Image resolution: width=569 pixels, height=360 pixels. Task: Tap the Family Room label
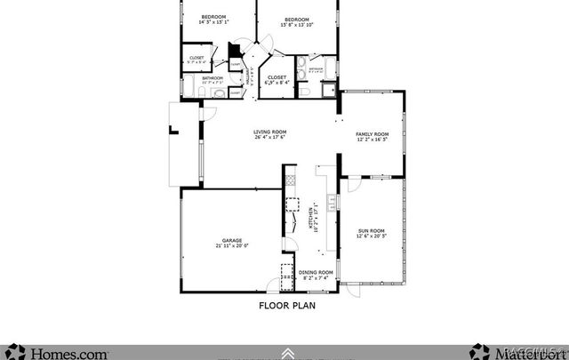click(x=373, y=133)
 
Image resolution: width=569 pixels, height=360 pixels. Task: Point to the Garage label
click(x=231, y=240)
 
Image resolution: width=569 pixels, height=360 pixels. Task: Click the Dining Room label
click(x=316, y=272)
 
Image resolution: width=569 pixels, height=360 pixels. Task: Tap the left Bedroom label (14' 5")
click(x=213, y=17)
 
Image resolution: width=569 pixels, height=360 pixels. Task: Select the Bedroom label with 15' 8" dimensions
click(x=297, y=20)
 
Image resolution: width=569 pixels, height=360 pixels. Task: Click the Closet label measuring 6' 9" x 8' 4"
click(x=276, y=77)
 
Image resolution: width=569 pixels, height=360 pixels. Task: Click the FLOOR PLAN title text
click(x=286, y=305)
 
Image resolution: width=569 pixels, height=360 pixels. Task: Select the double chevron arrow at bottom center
click(x=286, y=353)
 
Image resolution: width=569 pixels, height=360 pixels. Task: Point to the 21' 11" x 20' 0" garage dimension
click(x=231, y=245)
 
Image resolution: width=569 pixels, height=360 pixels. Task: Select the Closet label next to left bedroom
click(x=196, y=58)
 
